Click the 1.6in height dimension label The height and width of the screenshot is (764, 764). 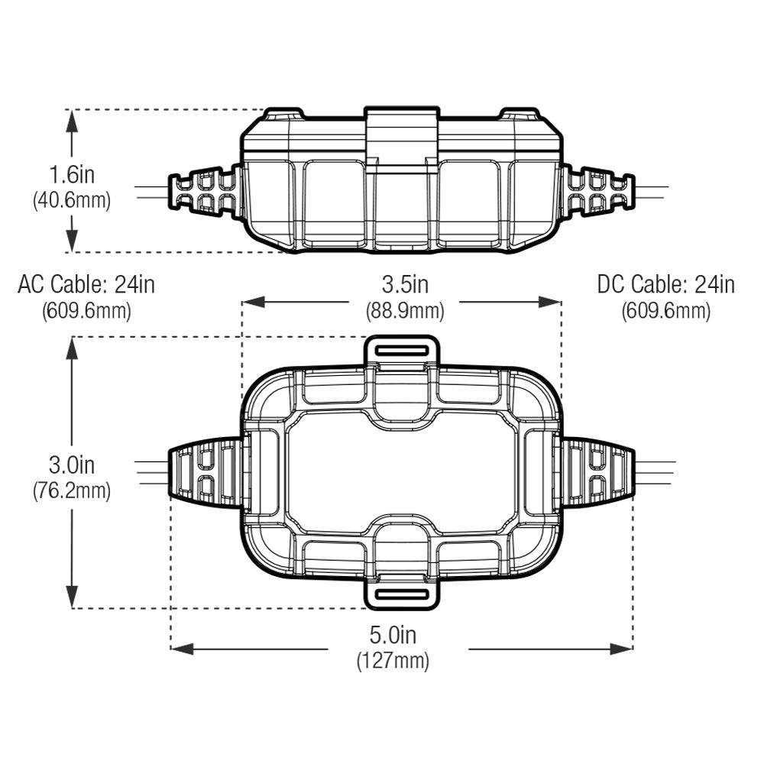pos(72,174)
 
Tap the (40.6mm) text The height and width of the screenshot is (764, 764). pos(72,200)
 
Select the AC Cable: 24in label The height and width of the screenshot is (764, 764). pos(86,284)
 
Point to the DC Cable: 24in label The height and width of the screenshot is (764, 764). pos(666,284)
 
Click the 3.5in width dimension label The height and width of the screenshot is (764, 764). pos(405,284)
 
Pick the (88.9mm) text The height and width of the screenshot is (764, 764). pos(405,311)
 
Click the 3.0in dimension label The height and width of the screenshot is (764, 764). pos(72,465)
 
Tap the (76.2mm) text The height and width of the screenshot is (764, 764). pos(72,490)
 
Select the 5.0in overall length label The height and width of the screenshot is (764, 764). pos(393,635)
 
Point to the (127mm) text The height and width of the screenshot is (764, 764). pos(393,661)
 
